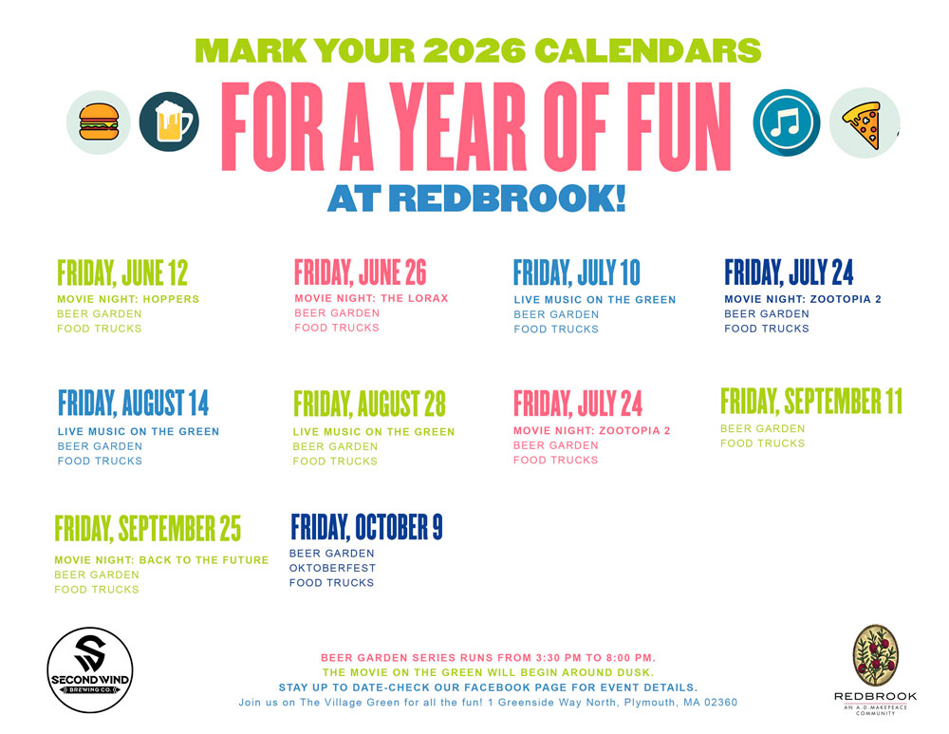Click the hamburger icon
[x=99, y=122]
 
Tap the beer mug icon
[x=170, y=122]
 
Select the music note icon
[x=786, y=122]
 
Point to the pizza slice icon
[x=864, y=122]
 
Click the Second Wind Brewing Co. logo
[x=90, y=669]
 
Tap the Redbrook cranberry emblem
[x=875, y=656]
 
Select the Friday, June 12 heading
[x=122, y=273]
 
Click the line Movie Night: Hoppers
[x=128, y=299]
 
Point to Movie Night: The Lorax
[x=372, y=298]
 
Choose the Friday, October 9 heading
[x=366, y=527]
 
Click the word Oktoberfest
[x=332, y=568]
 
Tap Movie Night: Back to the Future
[x=161, y=560]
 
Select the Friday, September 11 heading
[x=811, y=401]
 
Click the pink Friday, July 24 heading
[x=578, y=404]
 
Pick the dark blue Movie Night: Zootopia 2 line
[x=803, y=299]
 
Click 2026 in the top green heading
[x=474, y=51]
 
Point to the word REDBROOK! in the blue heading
[x=511, y=198]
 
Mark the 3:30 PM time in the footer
[x=558, y=658]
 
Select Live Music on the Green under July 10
[x=595, y=300]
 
